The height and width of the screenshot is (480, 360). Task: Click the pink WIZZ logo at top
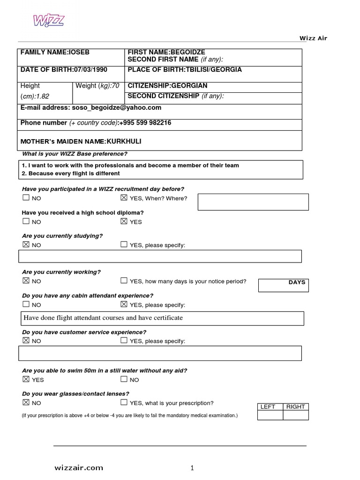point(48,21)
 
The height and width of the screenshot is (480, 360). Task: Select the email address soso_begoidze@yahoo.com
point(116,108)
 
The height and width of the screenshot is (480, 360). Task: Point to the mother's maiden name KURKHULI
point(124,141)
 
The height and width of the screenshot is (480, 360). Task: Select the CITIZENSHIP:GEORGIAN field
point(167,86)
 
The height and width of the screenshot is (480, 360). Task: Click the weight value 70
point(115,86)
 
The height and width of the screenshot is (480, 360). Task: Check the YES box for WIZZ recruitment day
point(124,198)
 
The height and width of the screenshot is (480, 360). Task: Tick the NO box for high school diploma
point(26,221)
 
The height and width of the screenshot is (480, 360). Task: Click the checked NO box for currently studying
point(26,245)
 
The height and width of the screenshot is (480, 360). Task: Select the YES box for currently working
point(124,281)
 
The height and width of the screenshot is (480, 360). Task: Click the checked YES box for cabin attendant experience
point(124,304)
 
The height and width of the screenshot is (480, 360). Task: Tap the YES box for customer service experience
point(124,341)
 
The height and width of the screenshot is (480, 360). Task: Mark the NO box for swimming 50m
point(124,379)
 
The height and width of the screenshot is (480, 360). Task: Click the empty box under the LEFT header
point(270,415)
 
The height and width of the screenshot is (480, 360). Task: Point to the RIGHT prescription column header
point(296,407)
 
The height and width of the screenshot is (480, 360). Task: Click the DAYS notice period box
point(283,285)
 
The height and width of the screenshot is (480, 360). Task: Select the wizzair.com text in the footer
point(78,468)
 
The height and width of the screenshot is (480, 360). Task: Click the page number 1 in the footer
point(192,468)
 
